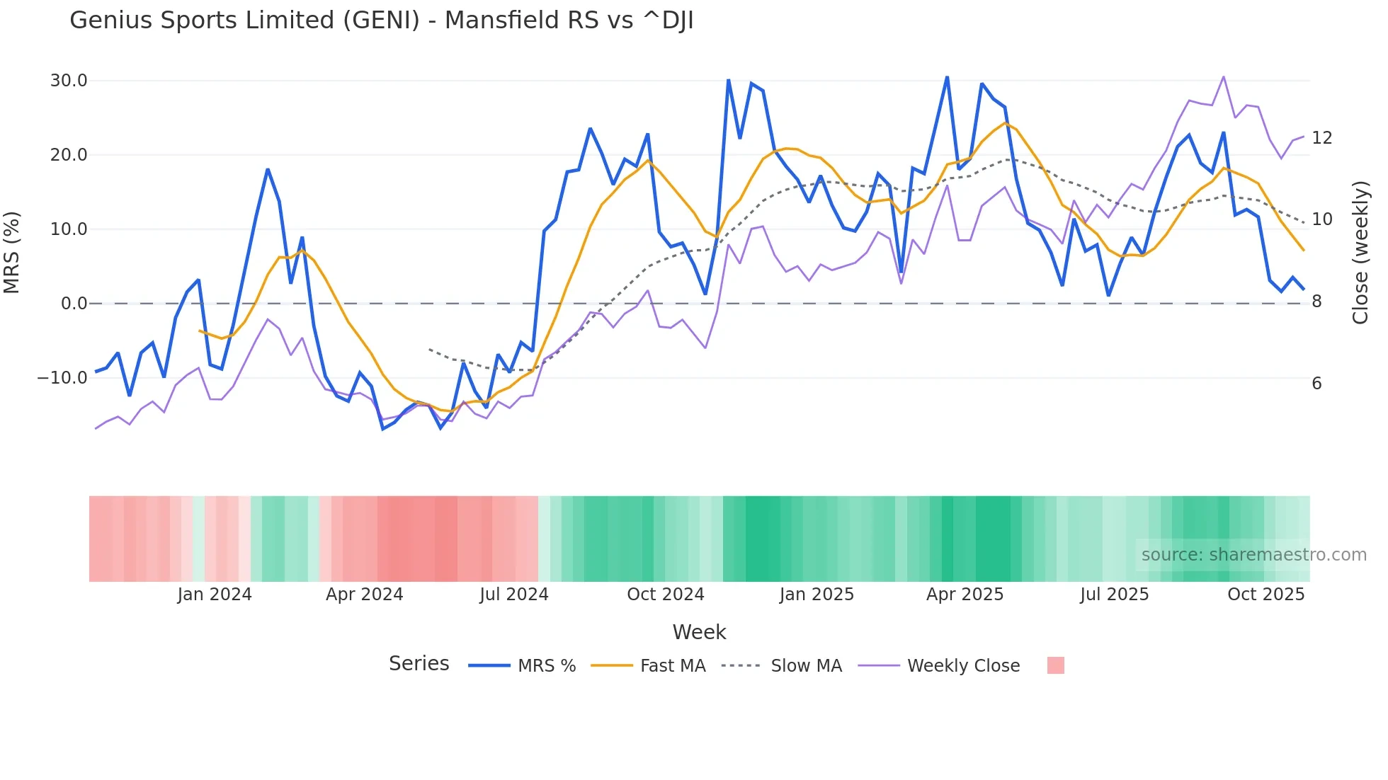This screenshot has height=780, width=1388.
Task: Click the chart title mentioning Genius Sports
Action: coord(381,21)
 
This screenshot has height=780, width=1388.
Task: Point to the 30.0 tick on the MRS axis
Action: coord(69,81)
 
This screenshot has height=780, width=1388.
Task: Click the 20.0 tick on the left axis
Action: coord(69,155)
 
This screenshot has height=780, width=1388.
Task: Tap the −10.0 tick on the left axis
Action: coord(62,378)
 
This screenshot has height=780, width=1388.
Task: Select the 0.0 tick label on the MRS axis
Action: coord(74,304)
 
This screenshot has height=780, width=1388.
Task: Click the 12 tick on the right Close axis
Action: coord(1321,138)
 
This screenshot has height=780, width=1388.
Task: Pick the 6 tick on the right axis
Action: coord(1316,384)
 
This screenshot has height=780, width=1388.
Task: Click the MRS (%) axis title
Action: coord(12,252)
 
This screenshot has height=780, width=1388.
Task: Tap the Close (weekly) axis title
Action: coord(1360,252)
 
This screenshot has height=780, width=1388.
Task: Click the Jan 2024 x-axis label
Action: coord(215,595)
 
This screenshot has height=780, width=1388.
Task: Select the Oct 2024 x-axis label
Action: coord(666,595)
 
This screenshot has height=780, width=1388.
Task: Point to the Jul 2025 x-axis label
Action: coord(1114,595)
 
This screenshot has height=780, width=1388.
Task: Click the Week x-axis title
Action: coord(699,632)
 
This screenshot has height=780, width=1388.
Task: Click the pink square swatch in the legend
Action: coord(1055,665)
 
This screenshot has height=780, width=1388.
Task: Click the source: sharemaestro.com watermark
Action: coord(1253,555)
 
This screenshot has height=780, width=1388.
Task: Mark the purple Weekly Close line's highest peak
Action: coord(1223,76)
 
